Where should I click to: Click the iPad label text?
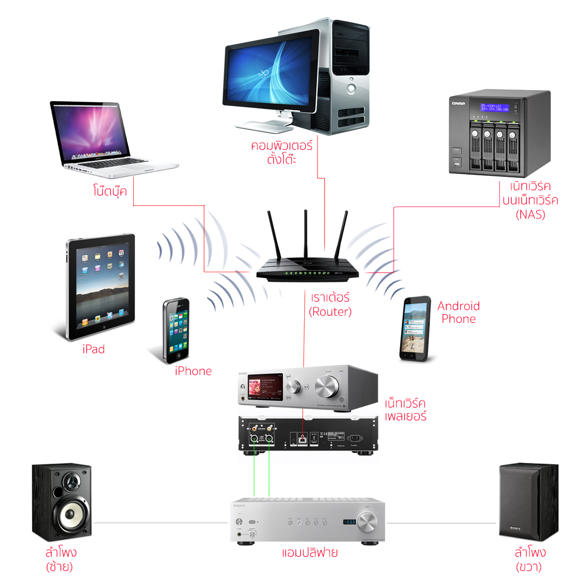pyautogui.click(x=94, y=349)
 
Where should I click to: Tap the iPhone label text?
pyautogui.click(x=193, y=371)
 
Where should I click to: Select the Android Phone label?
pyautogui.click(x=458, y=313)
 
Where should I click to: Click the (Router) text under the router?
pyautogui.click(x=330, y=312)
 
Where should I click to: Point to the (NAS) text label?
pyautogui.click(x=531, y=215)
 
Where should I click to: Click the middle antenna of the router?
pyautogui.click(x=306, y=234)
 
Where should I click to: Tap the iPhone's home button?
pyautogui.click(x=178, y=355)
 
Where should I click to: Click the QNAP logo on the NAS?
pyautogui.click(x=458, y=103)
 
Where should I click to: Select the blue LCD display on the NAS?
pyautogui.click(x=494, y=108)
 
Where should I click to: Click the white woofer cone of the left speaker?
pyautogui.click(x=70, y=515)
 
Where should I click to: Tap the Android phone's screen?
pyautogui.click(x=415, y=329)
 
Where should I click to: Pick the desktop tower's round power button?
pyautogui.click(x=351, y=88)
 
